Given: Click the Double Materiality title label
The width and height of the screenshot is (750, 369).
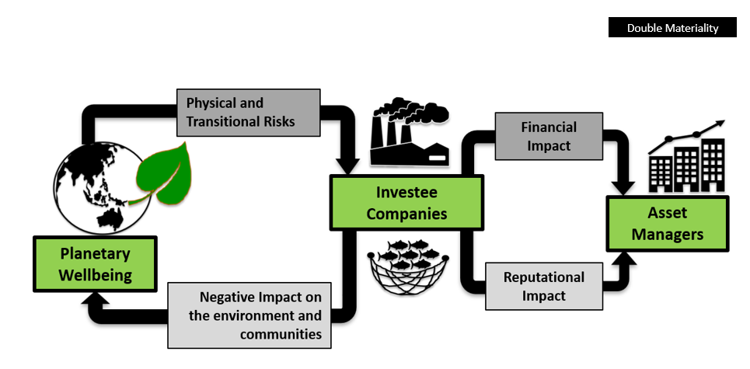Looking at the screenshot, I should tap(673, 28).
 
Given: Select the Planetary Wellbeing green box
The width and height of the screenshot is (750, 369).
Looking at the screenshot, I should tap(96, 264).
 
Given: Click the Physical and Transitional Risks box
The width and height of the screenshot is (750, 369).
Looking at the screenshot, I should tap(248, 112).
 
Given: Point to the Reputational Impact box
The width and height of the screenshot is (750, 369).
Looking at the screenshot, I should tap(543, 286).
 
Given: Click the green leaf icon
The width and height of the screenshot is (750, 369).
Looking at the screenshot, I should tap(164, 176).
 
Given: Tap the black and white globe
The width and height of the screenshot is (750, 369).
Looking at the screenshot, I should tap(89, 186).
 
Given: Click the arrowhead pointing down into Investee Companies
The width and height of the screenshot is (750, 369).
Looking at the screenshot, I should tap(347, 164).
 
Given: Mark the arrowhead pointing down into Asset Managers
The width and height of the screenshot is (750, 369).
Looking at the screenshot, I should tap(625, 186).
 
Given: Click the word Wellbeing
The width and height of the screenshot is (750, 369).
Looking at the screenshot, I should tap(96, 275).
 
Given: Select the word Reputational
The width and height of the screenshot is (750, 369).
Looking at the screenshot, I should tap(543, 277).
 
